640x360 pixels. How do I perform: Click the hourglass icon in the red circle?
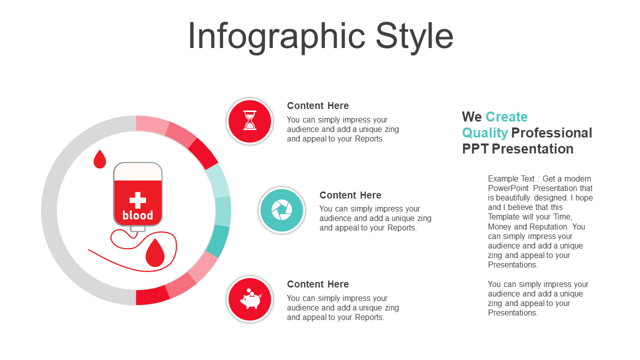click(x=249, y=120)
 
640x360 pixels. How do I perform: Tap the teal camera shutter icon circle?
click(x=281, y=210)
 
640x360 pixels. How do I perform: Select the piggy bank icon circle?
click(x=250, y=299)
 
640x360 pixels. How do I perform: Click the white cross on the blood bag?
click(x=137, y=200)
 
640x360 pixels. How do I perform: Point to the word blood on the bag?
click(x=137, y=215)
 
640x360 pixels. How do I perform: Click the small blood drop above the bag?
click(x=99, y=159)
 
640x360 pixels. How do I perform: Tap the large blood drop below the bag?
click(x=155, y=252)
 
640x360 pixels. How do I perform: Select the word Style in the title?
click(x=414, y=37)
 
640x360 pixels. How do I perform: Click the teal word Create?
click(x=506, y=116)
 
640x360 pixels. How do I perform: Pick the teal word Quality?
click(x=485, y=133)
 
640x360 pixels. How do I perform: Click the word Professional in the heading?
click(x=551, y=132)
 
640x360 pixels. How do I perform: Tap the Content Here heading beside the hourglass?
click(x=317, y=105)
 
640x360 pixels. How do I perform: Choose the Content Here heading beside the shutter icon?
click(x=350, y=195)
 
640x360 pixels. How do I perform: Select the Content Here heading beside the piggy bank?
click(x=317, y=284)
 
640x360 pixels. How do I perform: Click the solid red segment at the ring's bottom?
click(x=152, y=295)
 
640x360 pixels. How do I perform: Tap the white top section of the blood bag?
click(x=137, y=172)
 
